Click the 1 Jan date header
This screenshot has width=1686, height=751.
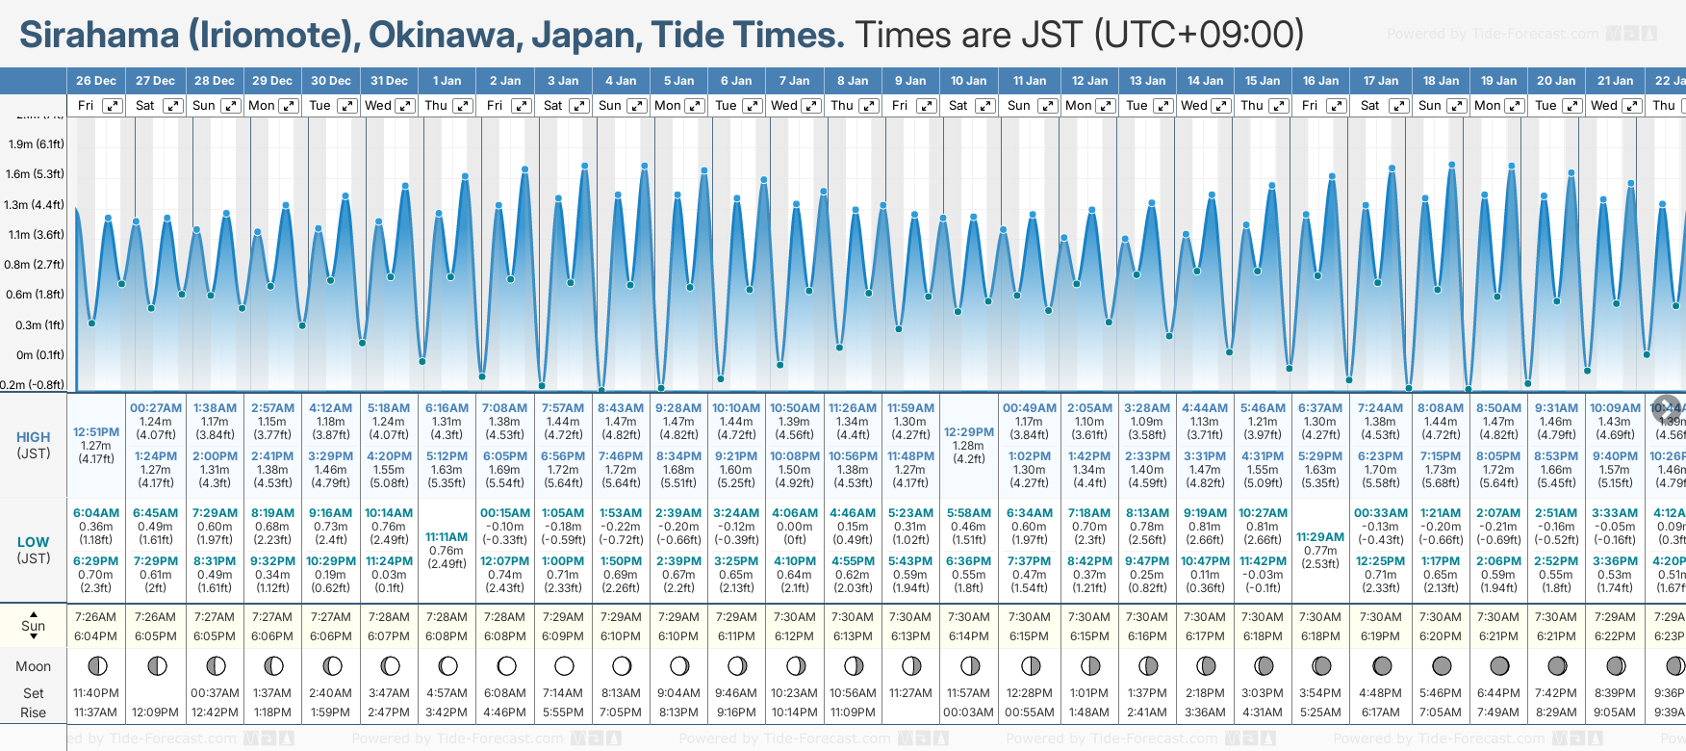[447, 81]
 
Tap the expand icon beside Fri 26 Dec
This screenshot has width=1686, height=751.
[113, 106]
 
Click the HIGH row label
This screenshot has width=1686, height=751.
[34, 437]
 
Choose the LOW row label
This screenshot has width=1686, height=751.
[34, 542]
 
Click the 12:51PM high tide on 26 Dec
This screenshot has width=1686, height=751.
[96, 432]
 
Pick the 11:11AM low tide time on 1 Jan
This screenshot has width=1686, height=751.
[447, 537]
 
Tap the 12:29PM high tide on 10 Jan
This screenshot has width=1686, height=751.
[969, 432]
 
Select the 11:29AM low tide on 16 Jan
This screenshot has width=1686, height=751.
[1320, 537]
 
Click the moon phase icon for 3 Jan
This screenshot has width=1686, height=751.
[564, 666]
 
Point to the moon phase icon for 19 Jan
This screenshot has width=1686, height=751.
[1499, 666]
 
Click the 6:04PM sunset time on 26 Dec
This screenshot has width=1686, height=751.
[96, 636]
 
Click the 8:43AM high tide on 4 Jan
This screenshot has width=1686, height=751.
[621, 408]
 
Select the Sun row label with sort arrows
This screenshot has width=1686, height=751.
[34, 626]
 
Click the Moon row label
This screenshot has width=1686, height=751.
[34, 666]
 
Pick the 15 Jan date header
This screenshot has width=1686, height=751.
[1263, 81]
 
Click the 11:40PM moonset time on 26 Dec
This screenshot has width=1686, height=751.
[96, 693]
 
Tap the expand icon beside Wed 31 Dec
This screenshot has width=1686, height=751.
[405, 106]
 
